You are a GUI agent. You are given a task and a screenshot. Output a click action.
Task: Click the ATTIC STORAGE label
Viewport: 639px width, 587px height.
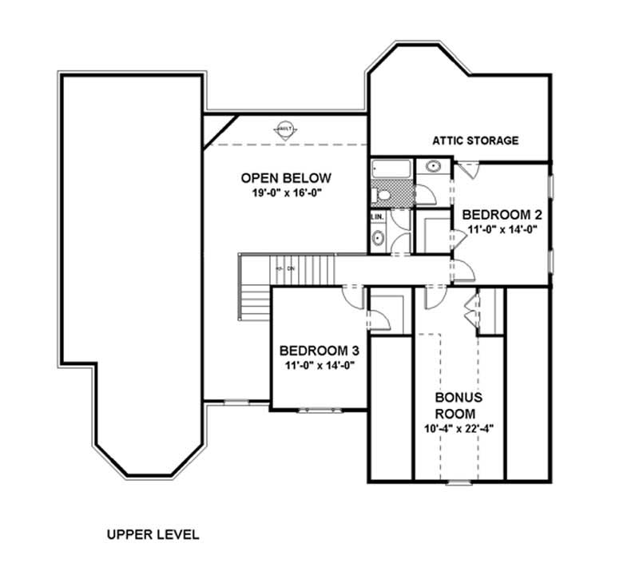tap(475, 141)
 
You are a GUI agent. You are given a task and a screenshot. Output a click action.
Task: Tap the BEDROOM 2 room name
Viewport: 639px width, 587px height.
tap(502, 214)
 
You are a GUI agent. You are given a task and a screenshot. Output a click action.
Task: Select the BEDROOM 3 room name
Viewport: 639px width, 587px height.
tap(319, 351)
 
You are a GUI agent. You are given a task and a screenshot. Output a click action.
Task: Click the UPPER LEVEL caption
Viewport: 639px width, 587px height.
tap(153, 534)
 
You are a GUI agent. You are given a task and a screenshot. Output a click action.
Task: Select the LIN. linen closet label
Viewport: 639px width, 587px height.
tap(378, 216)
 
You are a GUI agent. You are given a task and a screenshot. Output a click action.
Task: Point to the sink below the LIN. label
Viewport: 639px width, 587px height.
tap(378, 238)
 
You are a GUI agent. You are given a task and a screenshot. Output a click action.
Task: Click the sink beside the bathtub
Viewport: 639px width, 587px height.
tap(433, 167)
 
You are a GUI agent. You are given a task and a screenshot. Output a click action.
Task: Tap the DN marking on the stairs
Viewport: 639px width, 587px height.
tap(291, 268)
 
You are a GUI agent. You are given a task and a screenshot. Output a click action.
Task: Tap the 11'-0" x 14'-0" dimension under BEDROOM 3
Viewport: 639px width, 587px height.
tap(319, 365)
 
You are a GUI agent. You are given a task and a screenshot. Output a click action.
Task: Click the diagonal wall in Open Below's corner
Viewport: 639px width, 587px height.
tap(220, 130)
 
